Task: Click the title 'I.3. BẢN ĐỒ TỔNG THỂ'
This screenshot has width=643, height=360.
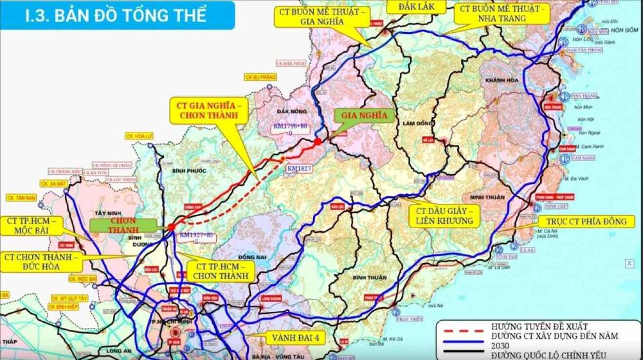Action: pos(116,15)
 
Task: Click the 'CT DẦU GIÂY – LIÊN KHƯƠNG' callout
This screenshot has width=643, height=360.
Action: pos(444,215)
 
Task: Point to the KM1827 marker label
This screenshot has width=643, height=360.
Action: pos(297,168)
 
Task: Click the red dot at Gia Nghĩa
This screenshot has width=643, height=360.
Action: pos(318,141)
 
